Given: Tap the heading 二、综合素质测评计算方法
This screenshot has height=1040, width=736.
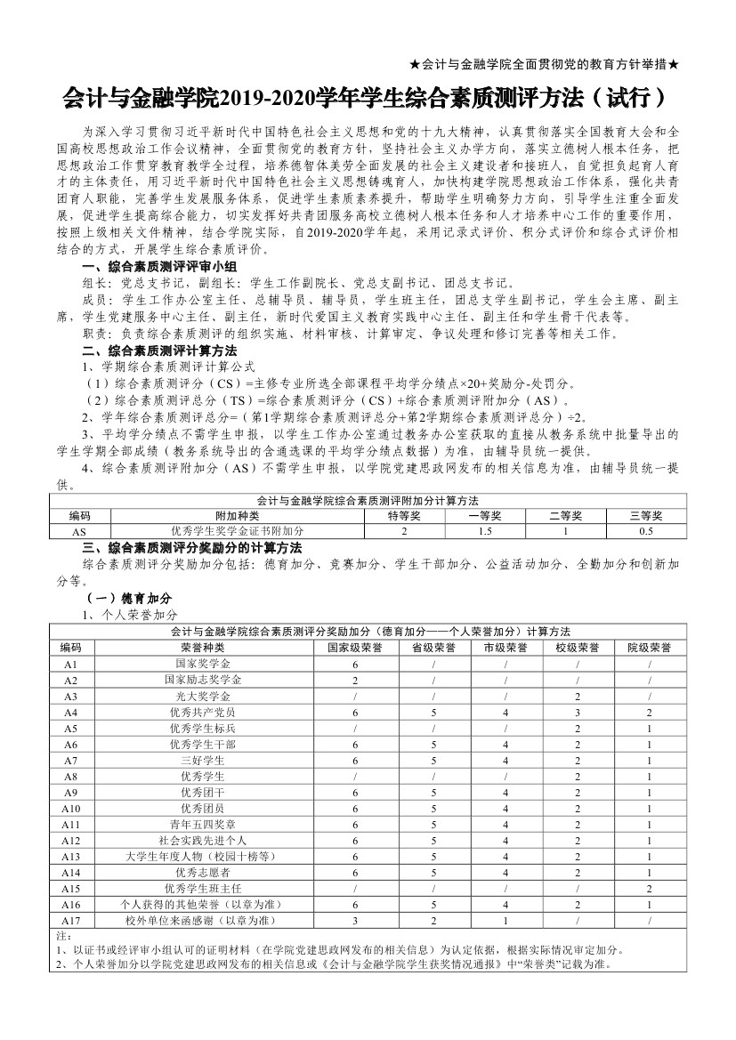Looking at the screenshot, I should (x=154, y=350).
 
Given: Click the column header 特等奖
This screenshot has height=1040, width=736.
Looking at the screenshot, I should (x=404, y=515).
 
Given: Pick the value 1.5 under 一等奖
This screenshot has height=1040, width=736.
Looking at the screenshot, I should (x=485, y=531).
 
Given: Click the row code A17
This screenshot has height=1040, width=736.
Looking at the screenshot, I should (x=71, y=919).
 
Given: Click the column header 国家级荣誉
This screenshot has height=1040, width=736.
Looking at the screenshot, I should (x=355, y=647).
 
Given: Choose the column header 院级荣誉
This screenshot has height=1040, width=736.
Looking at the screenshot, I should (x=650, y=647).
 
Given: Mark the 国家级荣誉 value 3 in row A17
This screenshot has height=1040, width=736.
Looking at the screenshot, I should (x=355, y=919).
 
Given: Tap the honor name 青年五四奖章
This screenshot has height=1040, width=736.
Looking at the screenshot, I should (x=202, y=824).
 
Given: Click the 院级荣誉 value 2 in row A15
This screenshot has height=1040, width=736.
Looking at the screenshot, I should (x=650, y=888).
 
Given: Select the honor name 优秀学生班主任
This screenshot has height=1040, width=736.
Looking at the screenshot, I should (x=202, y=888).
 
